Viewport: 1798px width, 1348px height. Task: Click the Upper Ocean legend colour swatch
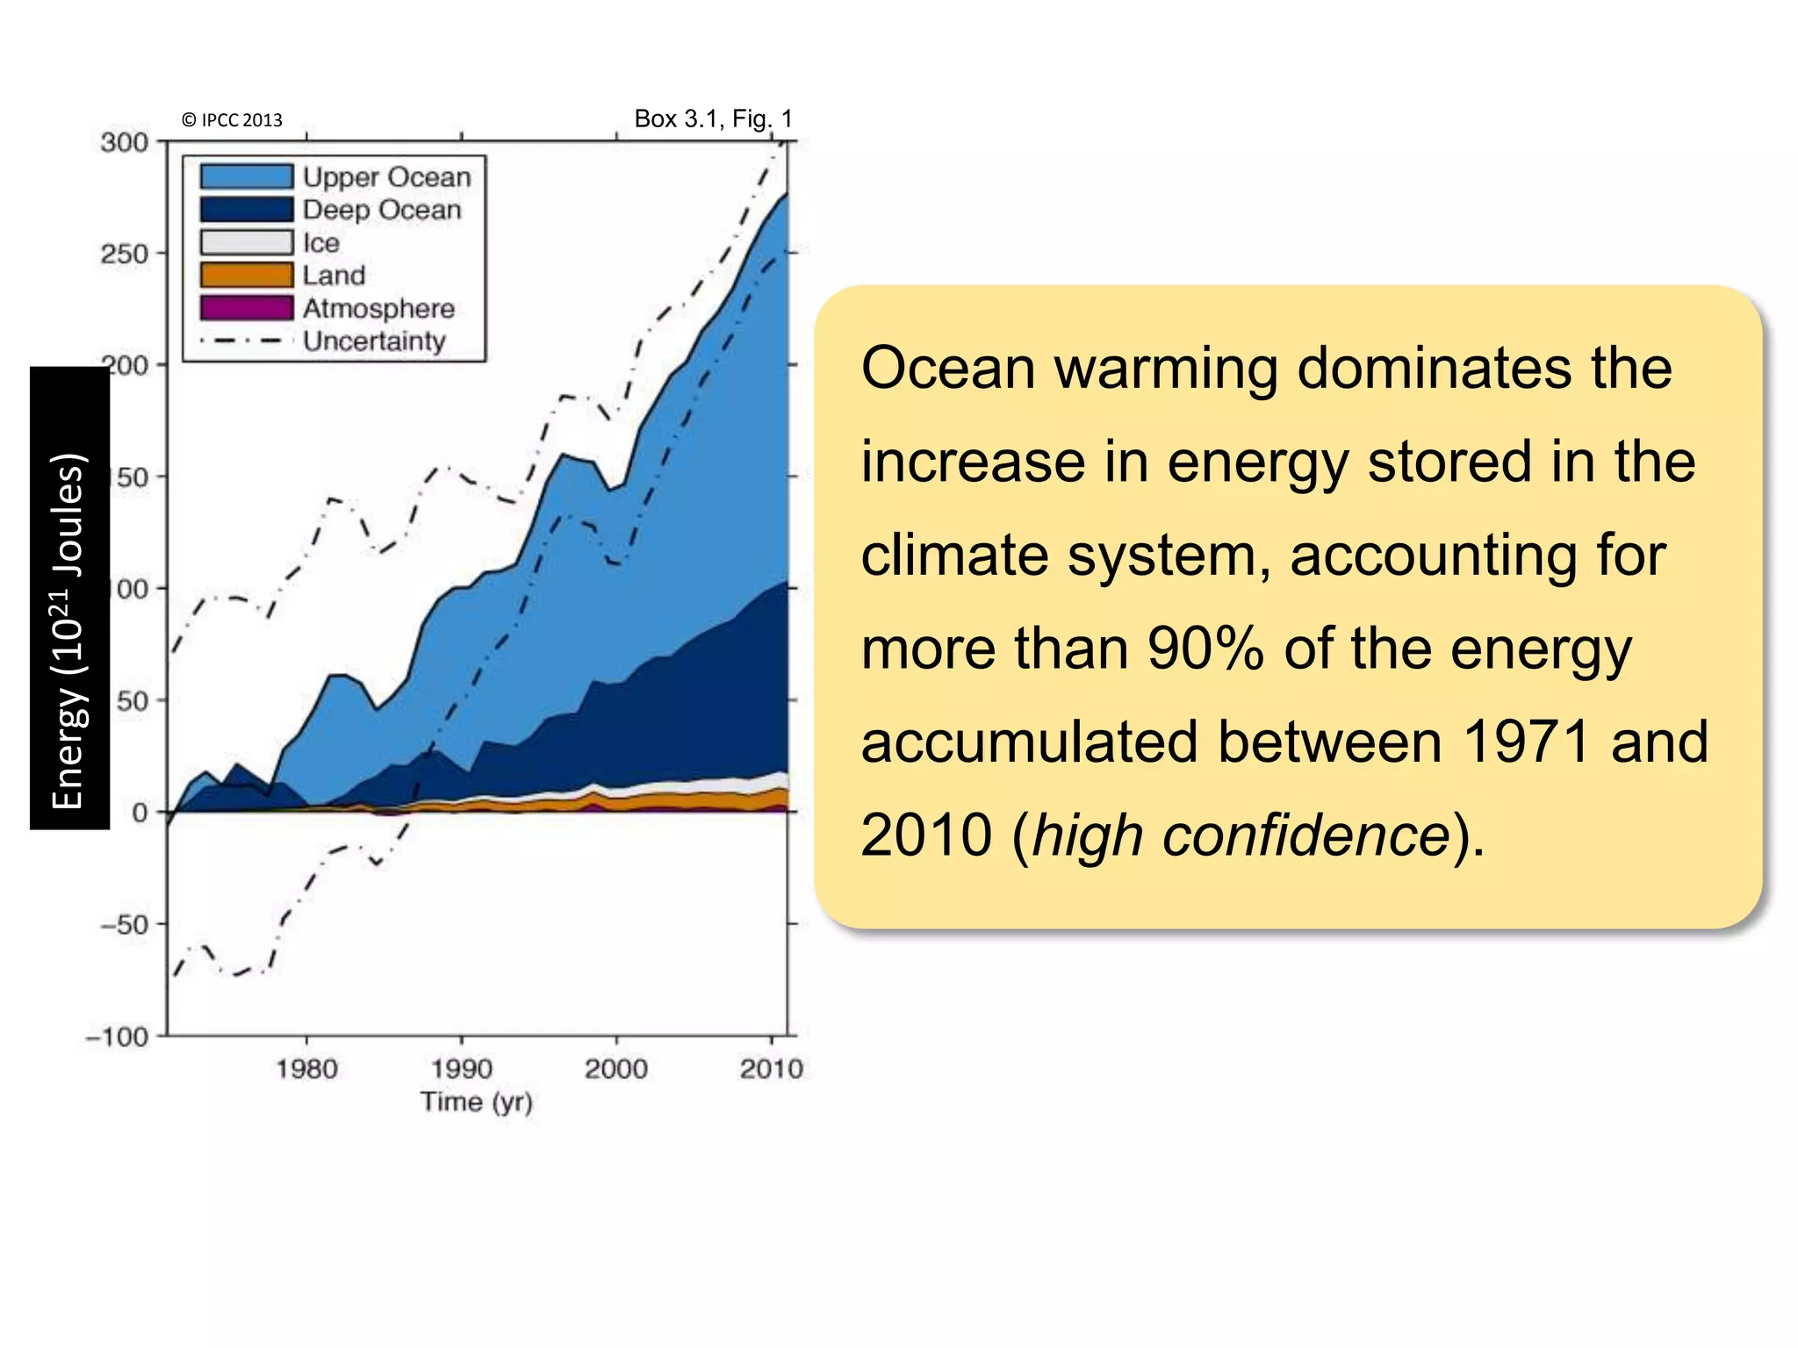coord(246,176)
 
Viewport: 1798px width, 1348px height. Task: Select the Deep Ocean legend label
coord(382,210)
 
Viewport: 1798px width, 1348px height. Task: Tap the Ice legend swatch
coord(246,242)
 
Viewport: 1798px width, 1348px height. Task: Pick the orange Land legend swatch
coord(246,275)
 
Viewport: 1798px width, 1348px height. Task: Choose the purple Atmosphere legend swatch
coord(246,308)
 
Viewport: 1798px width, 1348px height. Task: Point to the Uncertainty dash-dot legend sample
coord(246,341)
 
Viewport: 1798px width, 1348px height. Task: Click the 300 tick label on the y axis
coord(124,142)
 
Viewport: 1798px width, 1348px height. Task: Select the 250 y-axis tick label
coord(124,254)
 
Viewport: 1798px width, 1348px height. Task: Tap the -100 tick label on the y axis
coord(117,1036)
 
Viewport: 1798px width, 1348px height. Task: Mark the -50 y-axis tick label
coord(122,925)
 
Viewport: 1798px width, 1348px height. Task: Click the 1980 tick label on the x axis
coord(306,1069)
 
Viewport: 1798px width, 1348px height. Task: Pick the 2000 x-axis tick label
coord(616,1069)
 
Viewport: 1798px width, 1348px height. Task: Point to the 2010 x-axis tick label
coord(771,1069)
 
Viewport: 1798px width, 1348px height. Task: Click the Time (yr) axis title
coord(476,1101)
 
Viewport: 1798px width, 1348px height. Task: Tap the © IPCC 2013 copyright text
coord(232,120)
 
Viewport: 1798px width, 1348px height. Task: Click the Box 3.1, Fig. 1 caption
coord(713,118)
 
